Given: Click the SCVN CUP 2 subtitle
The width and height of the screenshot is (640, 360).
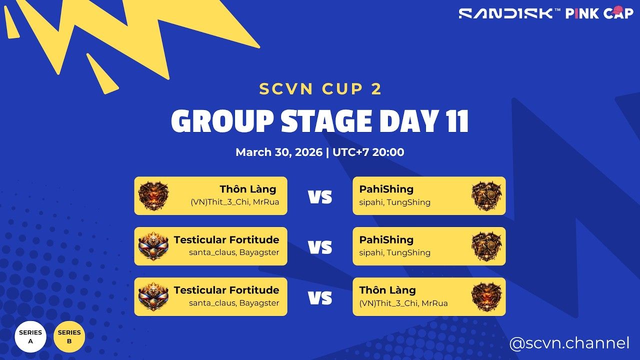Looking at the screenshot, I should [320, 89].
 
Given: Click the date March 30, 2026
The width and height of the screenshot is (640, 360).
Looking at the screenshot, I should [279, 152].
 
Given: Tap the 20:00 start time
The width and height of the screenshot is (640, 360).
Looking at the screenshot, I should [387, 152].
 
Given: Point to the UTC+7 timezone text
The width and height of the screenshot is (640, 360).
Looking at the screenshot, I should [350, 152].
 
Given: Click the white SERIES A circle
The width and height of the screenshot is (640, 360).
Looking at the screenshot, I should [30, 336].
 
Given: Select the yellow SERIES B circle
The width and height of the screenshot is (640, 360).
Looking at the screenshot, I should [69, 336].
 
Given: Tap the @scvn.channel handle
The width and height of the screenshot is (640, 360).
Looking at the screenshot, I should [569, 343].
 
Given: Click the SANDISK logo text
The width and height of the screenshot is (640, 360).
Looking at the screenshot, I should [506, 13].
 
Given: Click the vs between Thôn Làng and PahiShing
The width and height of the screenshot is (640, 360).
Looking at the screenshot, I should [320, 197].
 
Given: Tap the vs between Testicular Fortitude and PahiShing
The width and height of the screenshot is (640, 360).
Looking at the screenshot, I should [320, 247].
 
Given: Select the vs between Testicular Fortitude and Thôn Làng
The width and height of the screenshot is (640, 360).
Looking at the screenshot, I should [320, 298].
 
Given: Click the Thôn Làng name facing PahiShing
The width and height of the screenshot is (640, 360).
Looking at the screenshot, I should [247, 189].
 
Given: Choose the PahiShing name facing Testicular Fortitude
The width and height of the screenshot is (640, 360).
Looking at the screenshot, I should [386, 239].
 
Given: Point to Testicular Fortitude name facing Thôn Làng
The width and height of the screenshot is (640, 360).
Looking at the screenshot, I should [226, 290].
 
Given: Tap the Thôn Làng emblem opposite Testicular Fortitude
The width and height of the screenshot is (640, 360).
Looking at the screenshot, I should [486, 296].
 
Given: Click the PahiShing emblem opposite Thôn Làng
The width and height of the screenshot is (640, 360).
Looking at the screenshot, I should [486, 195].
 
